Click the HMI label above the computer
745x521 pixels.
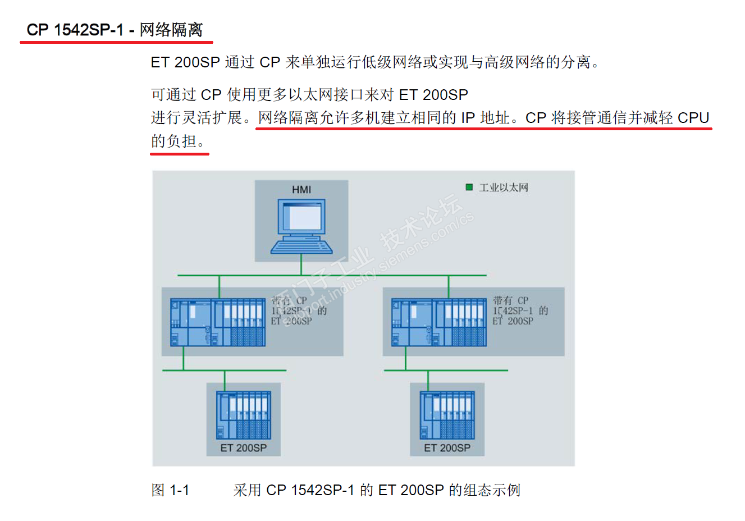pos(301,190)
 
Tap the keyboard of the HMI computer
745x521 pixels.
pos(301,246)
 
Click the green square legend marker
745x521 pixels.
pos(469,188)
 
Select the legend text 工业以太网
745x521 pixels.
pos(504,188)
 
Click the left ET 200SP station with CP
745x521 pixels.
pos(218,322)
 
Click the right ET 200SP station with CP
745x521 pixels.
pos(438,322)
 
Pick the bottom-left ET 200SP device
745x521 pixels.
pos(244,415)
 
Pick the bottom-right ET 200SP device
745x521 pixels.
pos(447,415)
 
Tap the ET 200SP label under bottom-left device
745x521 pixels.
pos(244,448)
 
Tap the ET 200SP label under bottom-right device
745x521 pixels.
pos(447,448)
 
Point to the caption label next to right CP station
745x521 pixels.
pos(520,310)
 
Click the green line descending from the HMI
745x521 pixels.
pos(301,265)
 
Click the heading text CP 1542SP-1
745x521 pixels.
pos(75,30)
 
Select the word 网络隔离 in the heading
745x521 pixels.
pos(171,30)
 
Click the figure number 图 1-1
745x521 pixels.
pos(170,490)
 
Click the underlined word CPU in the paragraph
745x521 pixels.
pos(694,118)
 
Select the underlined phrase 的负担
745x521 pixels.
pos(173,141)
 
